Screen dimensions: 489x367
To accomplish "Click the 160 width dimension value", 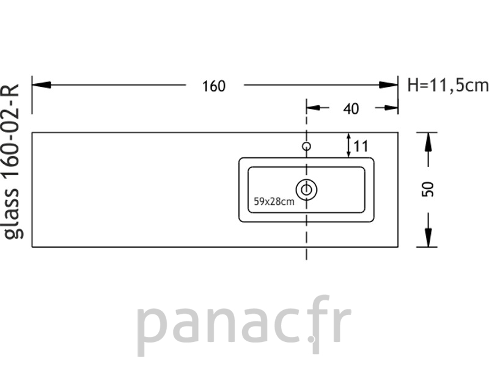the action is coord(213,86).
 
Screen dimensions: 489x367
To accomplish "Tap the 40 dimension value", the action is coord(351,109).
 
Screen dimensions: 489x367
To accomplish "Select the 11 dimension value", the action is coord(361,146).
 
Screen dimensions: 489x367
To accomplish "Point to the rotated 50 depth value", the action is coord(428,189).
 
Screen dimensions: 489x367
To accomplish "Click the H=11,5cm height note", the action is coord(448,85).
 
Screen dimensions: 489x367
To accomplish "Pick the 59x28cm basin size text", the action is coord(274,202).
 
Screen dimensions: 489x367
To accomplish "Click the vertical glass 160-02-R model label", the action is coord(12,161).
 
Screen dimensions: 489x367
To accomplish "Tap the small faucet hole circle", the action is coord(307,146).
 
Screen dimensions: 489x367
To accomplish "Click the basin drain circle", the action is coord(307,190).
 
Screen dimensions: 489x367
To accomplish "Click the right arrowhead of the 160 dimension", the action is coord(389,84).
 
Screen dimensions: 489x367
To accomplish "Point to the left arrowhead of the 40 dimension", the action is coord(313,108).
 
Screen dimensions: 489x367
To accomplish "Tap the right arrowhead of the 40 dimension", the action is coord(391,108).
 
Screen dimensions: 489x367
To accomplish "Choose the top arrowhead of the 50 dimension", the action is coord(428,143).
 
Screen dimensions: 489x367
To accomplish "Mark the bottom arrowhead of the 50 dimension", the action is coord(428,237).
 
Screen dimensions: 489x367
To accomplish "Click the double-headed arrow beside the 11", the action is coord(348,145).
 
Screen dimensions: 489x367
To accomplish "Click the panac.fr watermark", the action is coord(244,325).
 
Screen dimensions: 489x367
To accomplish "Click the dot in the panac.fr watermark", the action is coord(311,339).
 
